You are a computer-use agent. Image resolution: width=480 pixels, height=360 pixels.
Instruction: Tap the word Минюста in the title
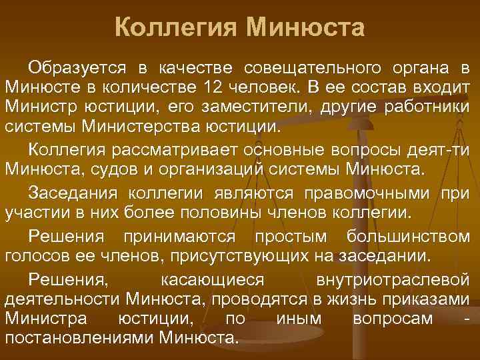pos(306,29)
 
